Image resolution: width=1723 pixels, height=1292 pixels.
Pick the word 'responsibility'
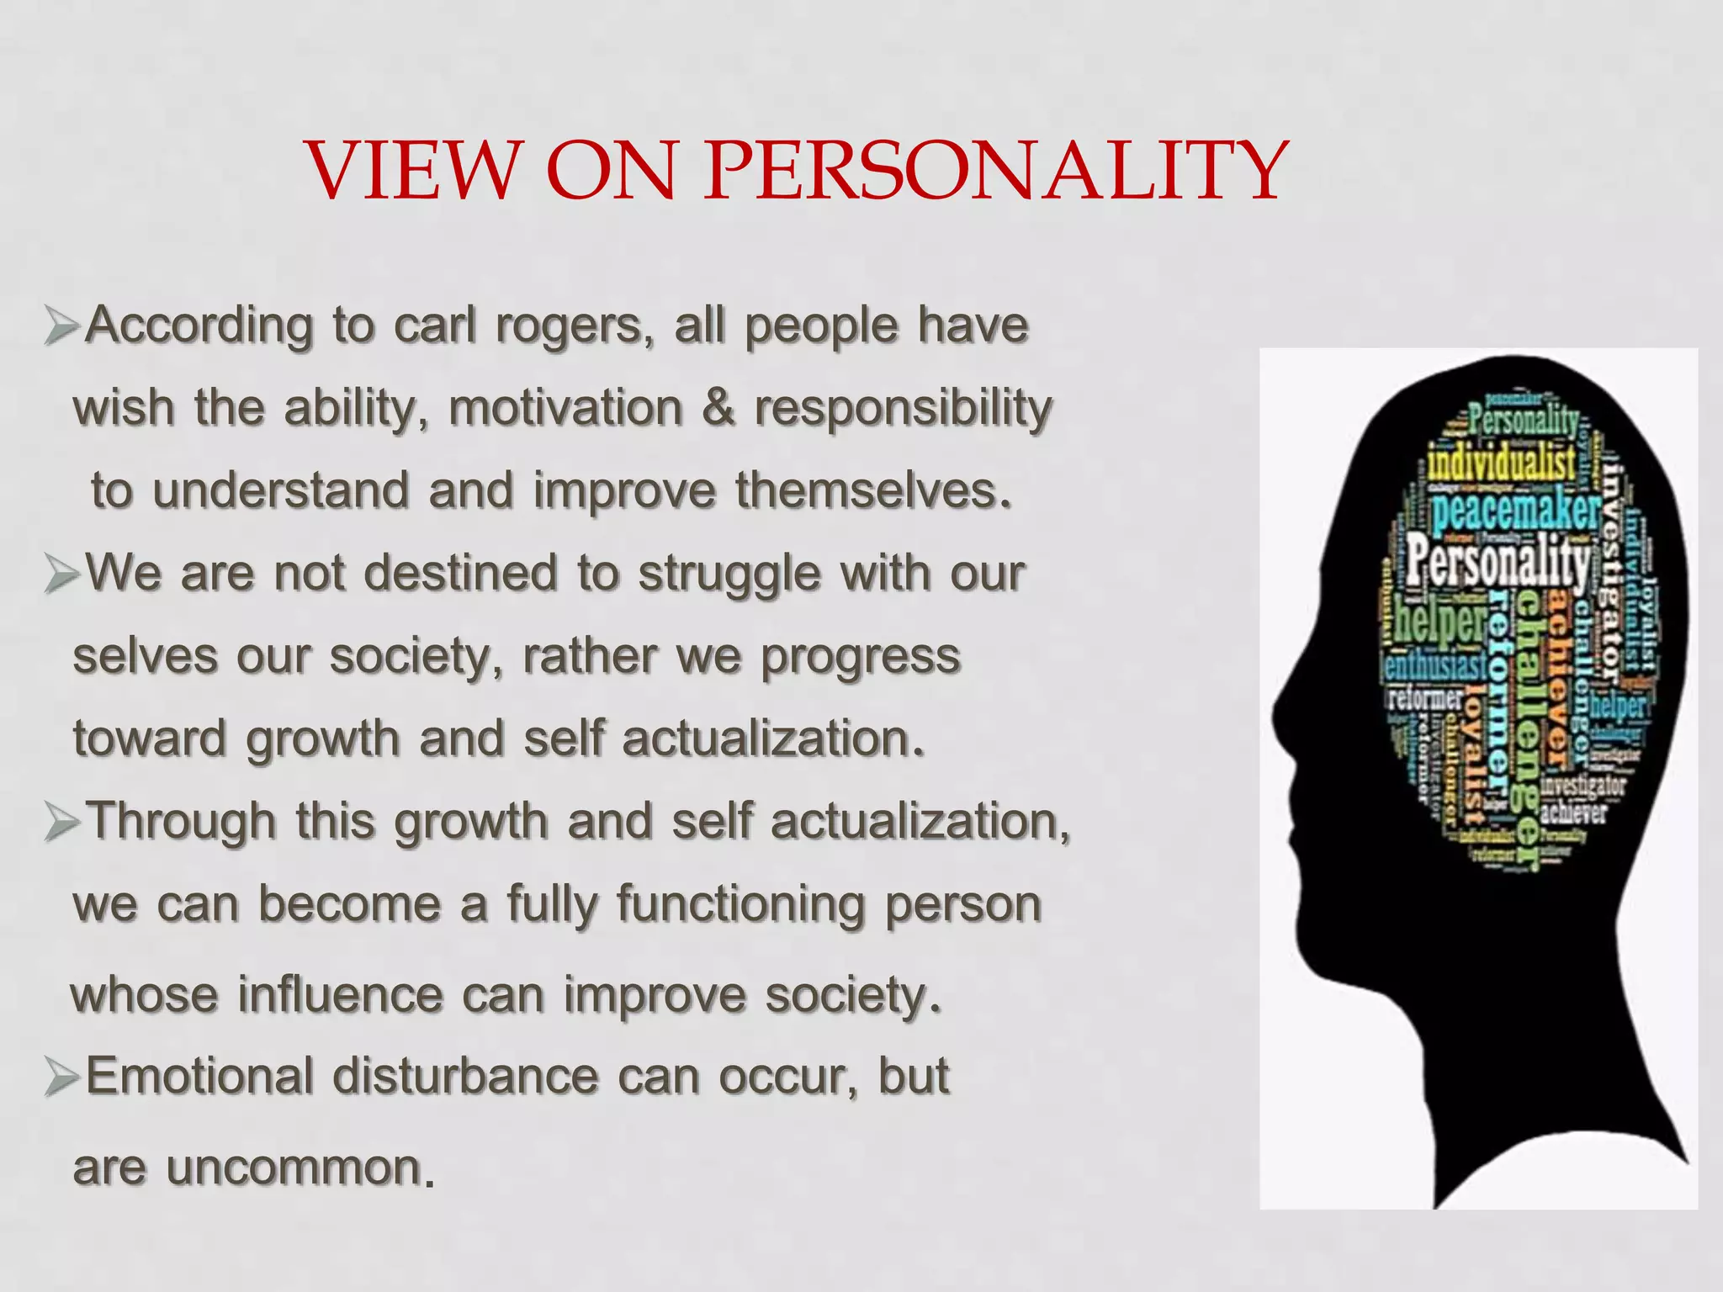(x=903, y=409)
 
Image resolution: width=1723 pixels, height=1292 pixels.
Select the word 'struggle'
(x=729, y=575)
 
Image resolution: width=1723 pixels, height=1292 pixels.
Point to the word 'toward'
(x=150, y=739)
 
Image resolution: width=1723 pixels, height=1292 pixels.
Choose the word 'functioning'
(x=740, y=905)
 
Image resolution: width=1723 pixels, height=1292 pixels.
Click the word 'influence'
(x=339, y=994)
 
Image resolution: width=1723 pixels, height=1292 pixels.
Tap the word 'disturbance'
(x=465, y=1076)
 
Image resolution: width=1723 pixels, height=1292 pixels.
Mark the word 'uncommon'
(x=294, y=1168)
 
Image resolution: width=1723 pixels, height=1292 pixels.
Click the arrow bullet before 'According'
(x=62, y=326)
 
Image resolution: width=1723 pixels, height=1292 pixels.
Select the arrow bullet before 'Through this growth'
(x=62, y=822)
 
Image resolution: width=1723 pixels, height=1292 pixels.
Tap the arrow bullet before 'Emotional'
(x=62, y=1078)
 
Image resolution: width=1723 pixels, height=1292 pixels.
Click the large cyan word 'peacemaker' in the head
(x=1515, y=510)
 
